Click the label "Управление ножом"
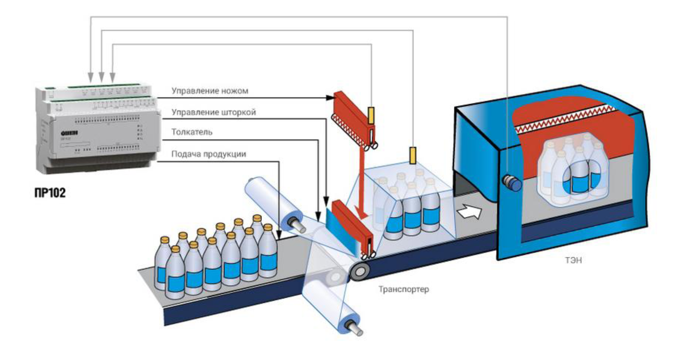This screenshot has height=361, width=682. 210,91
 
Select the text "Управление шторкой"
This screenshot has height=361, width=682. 214,112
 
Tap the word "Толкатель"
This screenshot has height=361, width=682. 192,132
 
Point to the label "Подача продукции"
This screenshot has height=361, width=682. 208,154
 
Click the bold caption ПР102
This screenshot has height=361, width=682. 50,193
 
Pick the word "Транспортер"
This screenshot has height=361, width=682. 404,289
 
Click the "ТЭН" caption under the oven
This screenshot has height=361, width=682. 573,260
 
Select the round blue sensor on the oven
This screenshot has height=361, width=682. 512,182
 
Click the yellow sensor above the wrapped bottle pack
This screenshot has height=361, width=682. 413,155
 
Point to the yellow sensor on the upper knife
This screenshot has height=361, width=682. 371,116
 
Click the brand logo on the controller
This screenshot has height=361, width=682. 69,133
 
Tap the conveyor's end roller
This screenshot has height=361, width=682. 360,271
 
